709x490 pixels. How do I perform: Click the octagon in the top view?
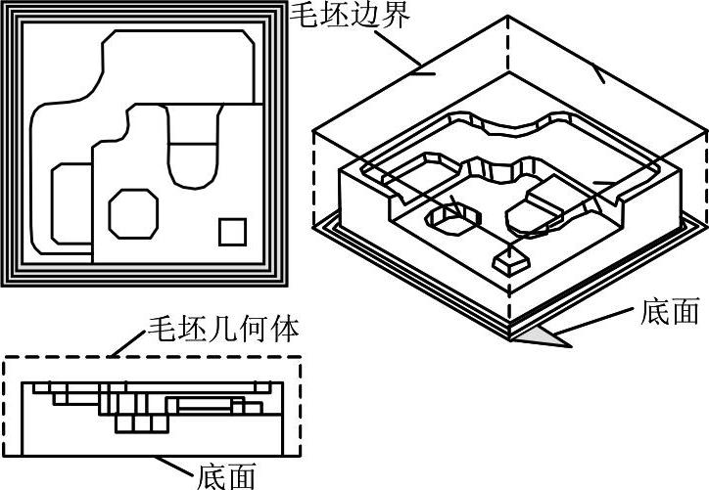133,213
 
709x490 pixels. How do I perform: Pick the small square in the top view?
232,232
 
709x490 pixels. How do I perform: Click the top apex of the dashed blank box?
510,17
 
